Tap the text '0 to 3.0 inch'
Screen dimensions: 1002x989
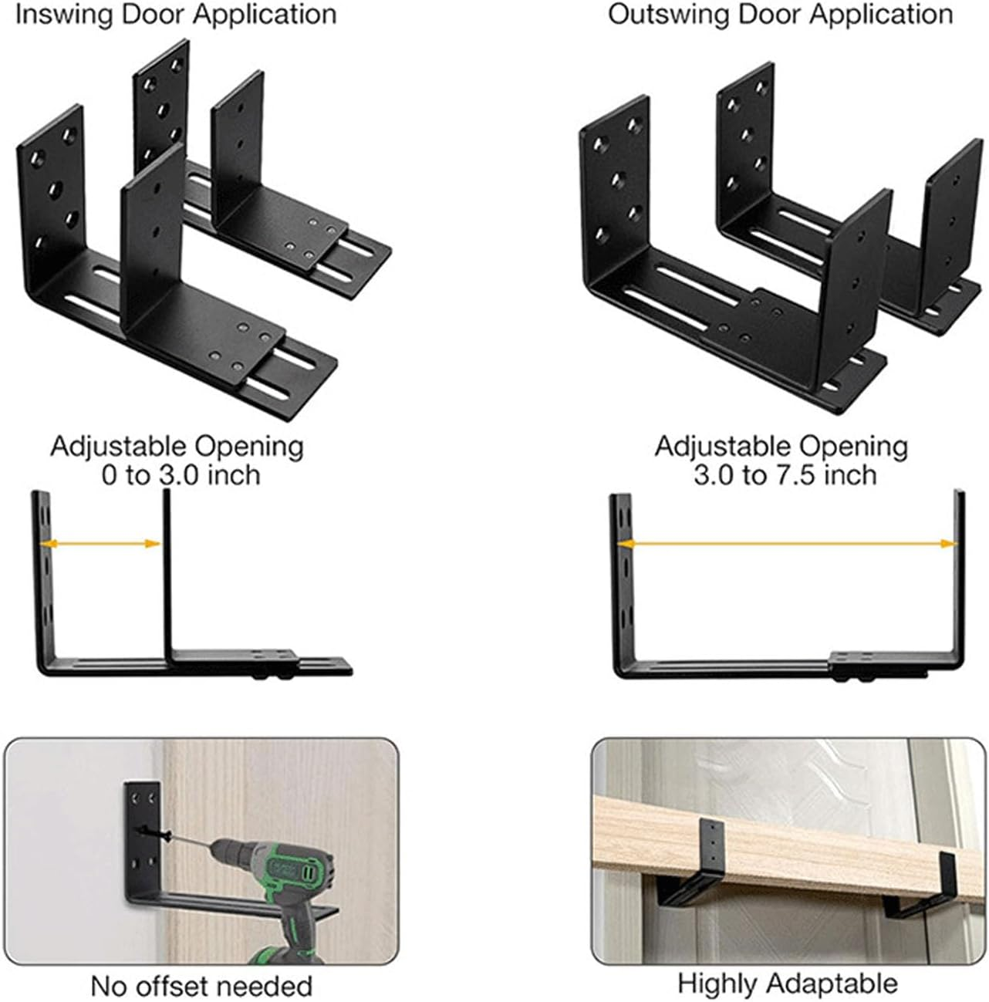tap(181, 474)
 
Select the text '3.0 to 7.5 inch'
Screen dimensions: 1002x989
tap(785, 474)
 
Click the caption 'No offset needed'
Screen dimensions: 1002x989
tap(201, 986)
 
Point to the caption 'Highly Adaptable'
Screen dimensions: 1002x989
tap(788, 983)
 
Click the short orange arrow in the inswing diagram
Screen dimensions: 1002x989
tap(100, 544)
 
